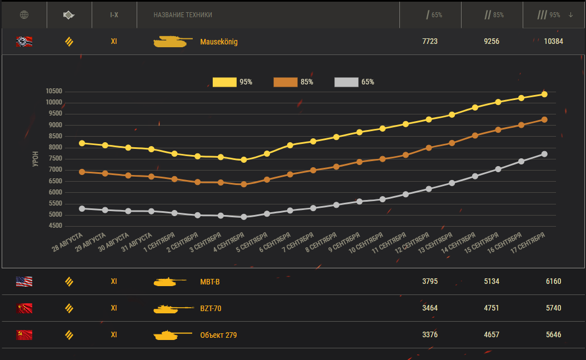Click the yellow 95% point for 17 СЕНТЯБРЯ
pos(544,94)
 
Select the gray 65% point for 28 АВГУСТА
pos(82,208)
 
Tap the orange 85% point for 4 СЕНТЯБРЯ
pos(244,184)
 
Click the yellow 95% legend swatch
pos(224,82)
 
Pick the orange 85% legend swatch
pos(286,82)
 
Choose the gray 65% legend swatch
pos(347,82)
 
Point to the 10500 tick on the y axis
pos(54,92)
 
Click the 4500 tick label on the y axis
pos(54,226)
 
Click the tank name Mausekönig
pos(219,42)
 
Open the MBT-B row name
pos(210,282)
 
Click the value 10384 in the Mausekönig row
pos(554,42)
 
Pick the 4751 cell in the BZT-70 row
pos(492,308)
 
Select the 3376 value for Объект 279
pos(430,335)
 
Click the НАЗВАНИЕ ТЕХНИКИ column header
pos(183,15)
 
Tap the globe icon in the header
pos(24,15)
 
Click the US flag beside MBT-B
pos(24,282)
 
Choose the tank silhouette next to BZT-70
pos(169,308)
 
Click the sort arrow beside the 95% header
pos(570,15)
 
